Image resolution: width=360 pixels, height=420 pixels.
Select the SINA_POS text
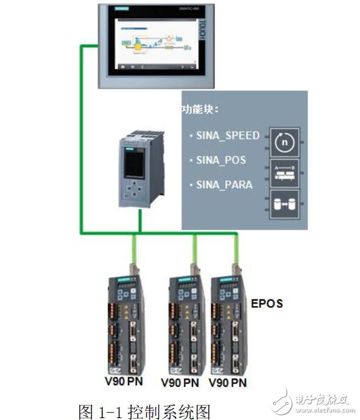click(221, 160)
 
